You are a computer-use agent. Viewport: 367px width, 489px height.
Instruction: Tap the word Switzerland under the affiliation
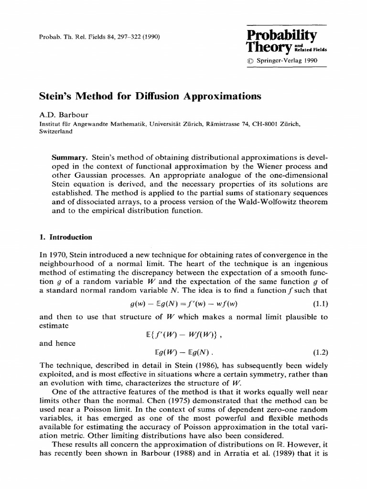[56, 132]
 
